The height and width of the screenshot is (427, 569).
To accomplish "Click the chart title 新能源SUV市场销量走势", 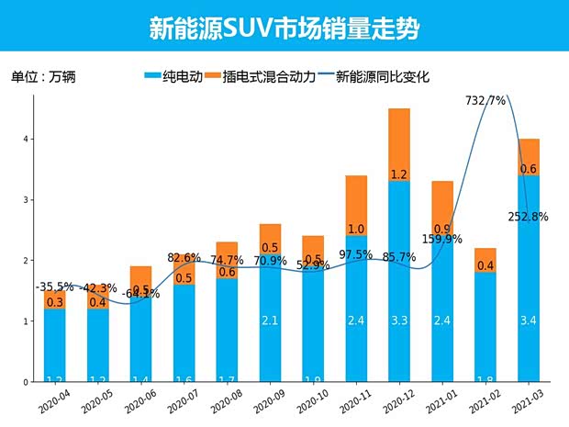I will (x=284, y=28).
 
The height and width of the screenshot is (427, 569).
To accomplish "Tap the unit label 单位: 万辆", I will (x=42, y=77).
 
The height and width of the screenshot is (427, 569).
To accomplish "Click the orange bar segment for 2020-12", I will (x=399, y=144).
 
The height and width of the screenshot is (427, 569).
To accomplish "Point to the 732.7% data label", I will (x=485, y=100).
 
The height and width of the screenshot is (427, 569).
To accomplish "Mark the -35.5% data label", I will (x=54, y=287).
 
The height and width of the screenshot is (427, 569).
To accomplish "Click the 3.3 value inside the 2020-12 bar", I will (x=399, y=320).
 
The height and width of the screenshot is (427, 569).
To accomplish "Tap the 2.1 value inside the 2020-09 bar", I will (x=270, y=320).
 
